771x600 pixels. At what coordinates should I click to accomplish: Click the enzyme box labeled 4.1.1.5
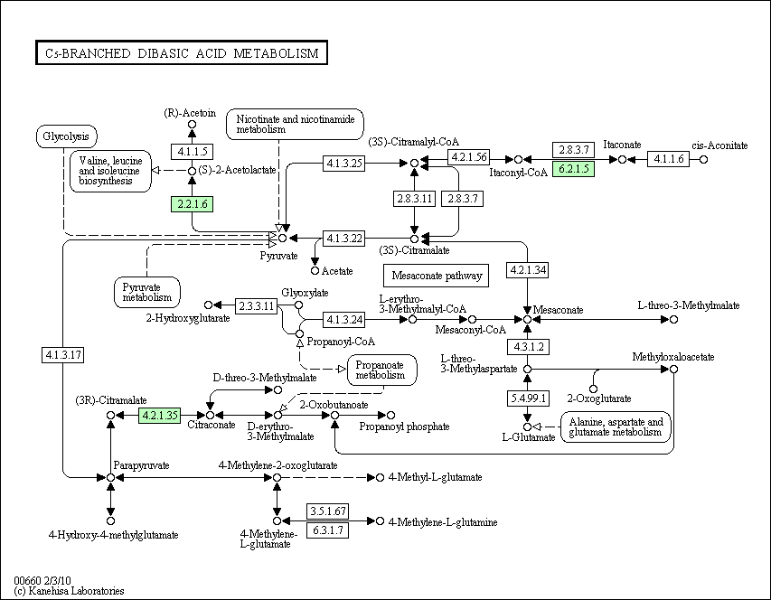click(192, 151)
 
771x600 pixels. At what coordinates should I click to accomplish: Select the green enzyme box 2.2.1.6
click(192, 205)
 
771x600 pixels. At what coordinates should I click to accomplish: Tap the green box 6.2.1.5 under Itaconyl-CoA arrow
click(573, 169)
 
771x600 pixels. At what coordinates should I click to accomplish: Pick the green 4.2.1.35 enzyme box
click(159, 416)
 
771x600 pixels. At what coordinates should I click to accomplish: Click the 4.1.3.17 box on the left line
click(62, 355)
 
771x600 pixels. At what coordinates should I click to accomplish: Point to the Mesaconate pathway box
click(435, 275)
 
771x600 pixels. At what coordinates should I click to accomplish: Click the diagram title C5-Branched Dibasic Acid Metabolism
click(181, 53)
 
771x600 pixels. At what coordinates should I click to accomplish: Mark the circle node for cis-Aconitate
click(704, 160)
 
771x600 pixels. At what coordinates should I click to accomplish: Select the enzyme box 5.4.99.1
click(528, 398)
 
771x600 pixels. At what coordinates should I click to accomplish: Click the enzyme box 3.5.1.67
click(327, 512)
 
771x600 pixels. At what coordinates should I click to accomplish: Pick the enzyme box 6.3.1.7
click(327, 530)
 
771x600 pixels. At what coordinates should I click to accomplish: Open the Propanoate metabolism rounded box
click(381, 370)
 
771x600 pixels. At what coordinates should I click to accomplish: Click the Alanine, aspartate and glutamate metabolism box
click(617, 427)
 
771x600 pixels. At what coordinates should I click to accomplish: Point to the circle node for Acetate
click(315, 270)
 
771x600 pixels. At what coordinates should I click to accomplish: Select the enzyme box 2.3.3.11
click(257, 305)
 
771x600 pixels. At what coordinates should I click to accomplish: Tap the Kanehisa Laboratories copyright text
click(69, 591)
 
